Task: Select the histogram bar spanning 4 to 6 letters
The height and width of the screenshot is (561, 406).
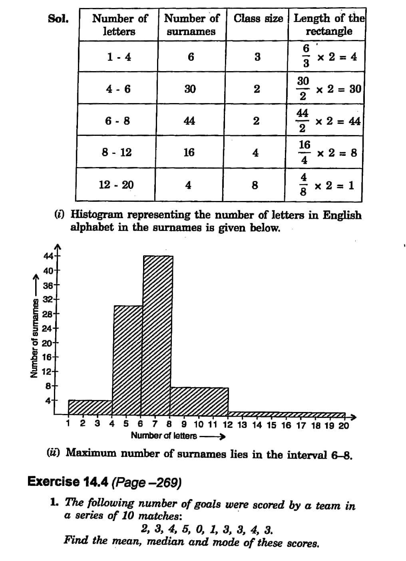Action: [x=128, y=360]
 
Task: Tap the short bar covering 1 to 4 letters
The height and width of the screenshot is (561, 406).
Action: [x=90, y=407]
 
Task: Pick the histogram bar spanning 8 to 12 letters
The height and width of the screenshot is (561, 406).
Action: [x=199, y=401]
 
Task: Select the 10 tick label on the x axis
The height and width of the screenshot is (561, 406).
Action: [x=199, y=424]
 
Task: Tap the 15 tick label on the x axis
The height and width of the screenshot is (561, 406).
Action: [x=271, y=425]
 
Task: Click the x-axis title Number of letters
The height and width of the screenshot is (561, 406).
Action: [x=164, y=436]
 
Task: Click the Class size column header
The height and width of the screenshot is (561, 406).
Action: [x=258, y=18]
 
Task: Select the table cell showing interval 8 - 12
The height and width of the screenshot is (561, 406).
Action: [x=117, y=152]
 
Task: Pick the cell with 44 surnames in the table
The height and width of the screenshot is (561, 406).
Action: [x=189, y=121]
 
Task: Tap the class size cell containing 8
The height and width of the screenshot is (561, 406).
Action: [x=255, y=185]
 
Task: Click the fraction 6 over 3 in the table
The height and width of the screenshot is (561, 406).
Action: [x=306, y=56]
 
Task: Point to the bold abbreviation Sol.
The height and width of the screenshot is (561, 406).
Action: [x=58, y=19]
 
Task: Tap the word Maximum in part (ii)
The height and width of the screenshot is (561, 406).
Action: [x=91, y=453]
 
